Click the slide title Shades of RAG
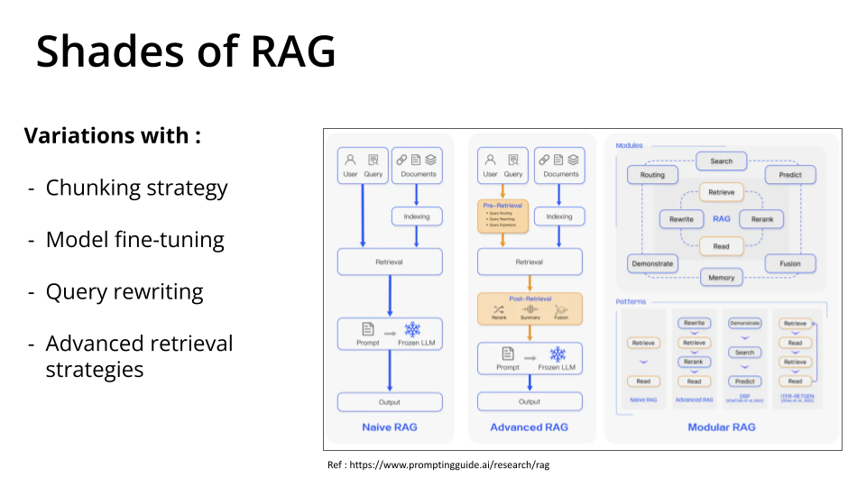point(186,52)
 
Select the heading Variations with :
point(112,136)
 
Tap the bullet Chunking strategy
point(136,188)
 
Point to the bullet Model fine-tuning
point(134,240)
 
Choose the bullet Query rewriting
point(124,292)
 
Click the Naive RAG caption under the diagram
point(390,427)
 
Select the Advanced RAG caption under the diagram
point(530,427)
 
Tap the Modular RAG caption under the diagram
point(722,427)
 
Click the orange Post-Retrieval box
point(530,308)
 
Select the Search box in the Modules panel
point(721,161)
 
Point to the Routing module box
point(652,175)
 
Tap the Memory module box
point(721,277)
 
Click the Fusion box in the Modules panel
point(790,264)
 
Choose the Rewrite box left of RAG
point(681,219)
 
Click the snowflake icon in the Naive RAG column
point(412,330)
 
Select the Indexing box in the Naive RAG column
point(417,216)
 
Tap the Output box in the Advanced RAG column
point(530,402)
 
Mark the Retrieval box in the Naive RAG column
point(390,262)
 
